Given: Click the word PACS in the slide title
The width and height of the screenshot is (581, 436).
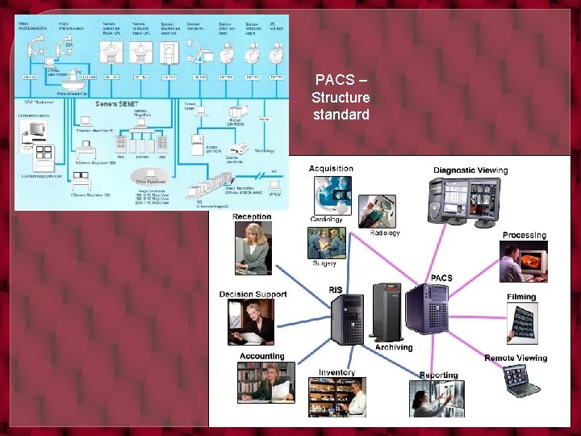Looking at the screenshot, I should pyautogui.click(x=332, y=80).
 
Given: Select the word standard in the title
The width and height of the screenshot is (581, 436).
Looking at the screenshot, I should pyautogui.click(x=341, y=115).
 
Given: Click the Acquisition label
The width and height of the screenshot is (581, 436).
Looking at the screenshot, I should pyautogui.click(x=331, y=169).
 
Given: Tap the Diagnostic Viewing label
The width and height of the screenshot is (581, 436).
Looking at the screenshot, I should pyautogui.click(x=470, y=170).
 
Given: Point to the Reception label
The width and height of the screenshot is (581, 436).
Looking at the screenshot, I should pyautogui.click(x=252, y=216).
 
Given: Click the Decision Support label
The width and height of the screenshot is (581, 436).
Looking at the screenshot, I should pyautogui.click(x=253, y=294).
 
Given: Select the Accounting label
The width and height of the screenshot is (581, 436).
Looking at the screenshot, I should pyautogui.click(x=261, y=356).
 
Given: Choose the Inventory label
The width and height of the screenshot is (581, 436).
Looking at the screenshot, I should pyautogui.click(x=336, y=372).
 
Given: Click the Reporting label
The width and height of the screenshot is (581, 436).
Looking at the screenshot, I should pyautogui.click(x=438, y=375).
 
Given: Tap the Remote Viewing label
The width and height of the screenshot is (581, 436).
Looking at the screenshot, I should pyautogui.click(x=516, y=358).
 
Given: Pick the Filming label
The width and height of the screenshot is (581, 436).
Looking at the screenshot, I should pyautogui.click(x=521, y=297).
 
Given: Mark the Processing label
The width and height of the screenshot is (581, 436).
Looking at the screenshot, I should pyautogui.click(x=525, y=235).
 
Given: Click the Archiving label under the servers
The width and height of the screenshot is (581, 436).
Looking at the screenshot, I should pyautogui.click(x=394, y=347).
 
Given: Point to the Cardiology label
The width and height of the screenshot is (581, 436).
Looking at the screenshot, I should pyautogui.click(x=326, y=220).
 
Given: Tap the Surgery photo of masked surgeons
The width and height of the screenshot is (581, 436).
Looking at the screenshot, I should pyautogui.click(x=327, y=243).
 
